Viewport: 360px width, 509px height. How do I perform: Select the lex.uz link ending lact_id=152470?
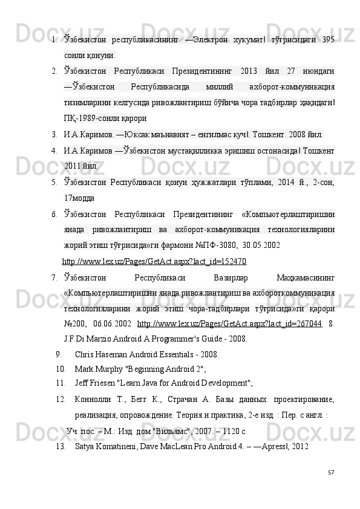coord(154,262)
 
